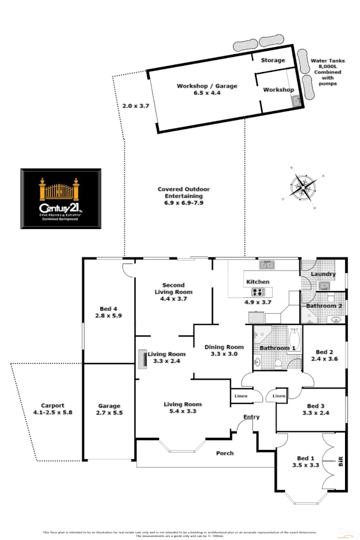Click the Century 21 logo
click(60, 198)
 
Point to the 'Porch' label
click(224, 453)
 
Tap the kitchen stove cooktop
click(258, 292)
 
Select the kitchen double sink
click(266, 264)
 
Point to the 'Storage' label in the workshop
click(273, 60)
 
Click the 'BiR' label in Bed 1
click(341, 461)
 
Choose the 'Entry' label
click(251, 417)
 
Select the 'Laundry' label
click(322, 274)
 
